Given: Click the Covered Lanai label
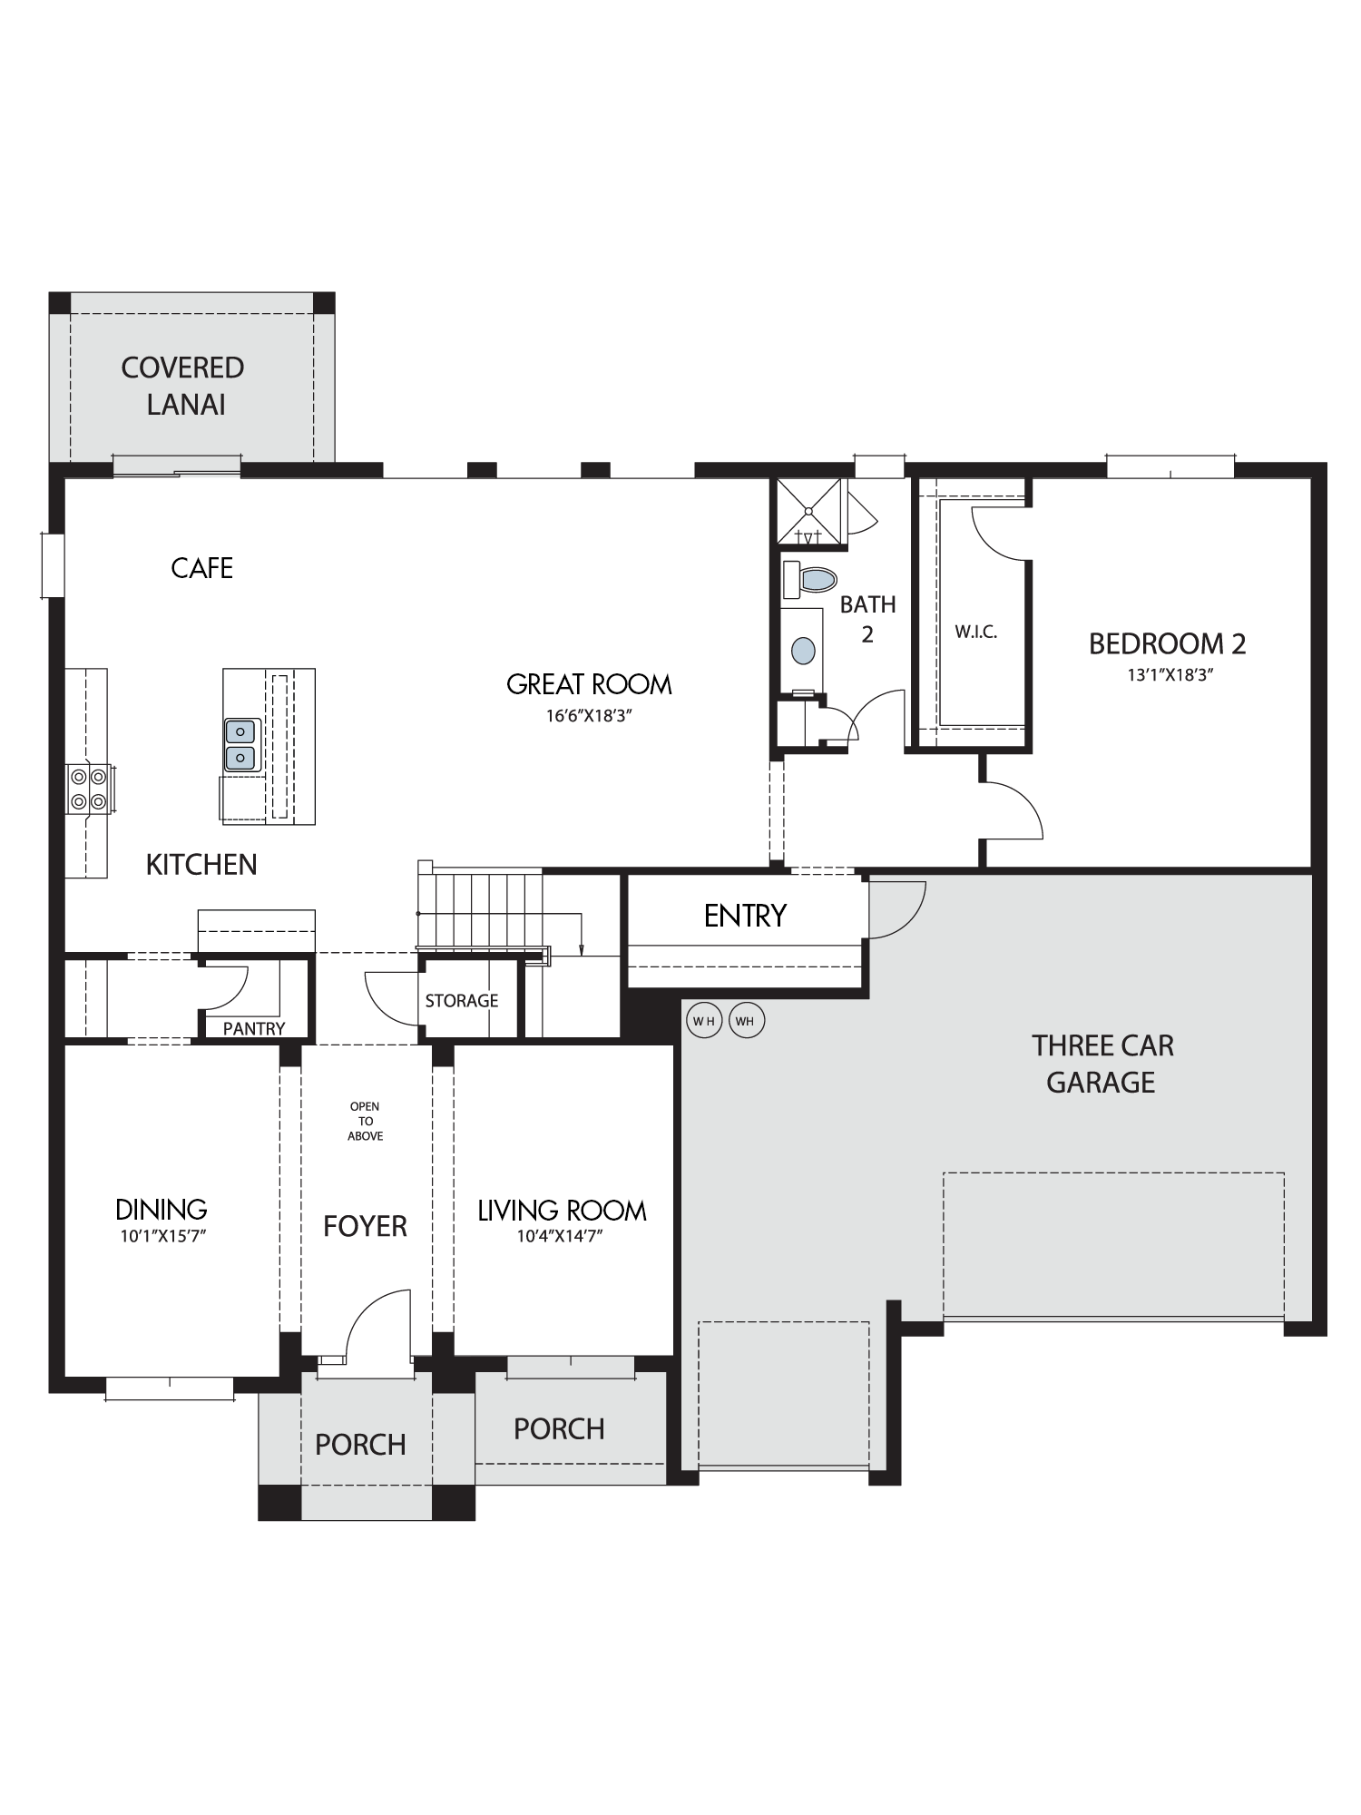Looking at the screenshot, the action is point(183,386).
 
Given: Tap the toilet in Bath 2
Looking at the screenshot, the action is point(809,579).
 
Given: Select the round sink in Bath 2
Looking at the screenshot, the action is point(803,650).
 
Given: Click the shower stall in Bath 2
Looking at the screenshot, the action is point(809,513).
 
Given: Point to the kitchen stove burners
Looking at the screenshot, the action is point(88,789).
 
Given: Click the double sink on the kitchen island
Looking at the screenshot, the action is point(240,744).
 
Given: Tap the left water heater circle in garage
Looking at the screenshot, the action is point(704,1021).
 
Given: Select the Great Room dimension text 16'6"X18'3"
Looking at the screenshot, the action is point(588,715).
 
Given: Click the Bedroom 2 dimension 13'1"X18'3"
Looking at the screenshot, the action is point(1167,675).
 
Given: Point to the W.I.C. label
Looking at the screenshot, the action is point(976,633).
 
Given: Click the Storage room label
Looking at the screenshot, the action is point(462,1000).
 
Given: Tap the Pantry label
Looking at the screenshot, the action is point(254,1028).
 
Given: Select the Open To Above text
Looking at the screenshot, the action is point(365,1121).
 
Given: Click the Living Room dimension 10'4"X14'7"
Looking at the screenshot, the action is point(561,1235).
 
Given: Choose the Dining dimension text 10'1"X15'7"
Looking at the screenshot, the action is point(163,1235).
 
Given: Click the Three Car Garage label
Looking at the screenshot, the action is point(1102,1064).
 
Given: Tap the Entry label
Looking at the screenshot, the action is point(745,916).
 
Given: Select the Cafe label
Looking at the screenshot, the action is point(202,568).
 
